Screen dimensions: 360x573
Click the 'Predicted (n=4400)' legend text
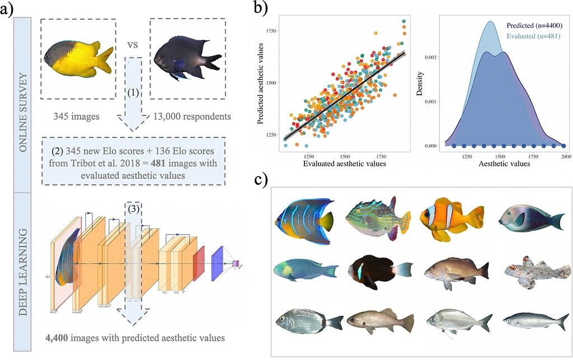tap(530, 25)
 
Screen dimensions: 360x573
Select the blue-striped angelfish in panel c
tap(303, 219)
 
